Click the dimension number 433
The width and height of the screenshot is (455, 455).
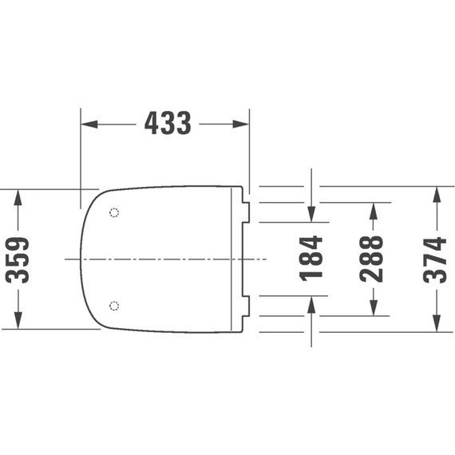[x=167, y=124]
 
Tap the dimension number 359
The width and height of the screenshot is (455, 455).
[x=18, y=259]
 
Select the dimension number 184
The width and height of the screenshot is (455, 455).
[x=311, y=257]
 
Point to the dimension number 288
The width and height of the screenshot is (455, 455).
[x=372, y=258]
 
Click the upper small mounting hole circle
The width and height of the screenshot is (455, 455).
[x=113, y=213]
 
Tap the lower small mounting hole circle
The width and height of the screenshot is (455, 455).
[x=113, y=306]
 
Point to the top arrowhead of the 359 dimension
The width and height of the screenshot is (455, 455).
[x=18, y=197]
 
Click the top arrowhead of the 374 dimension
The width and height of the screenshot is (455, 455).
[x=436, y=194]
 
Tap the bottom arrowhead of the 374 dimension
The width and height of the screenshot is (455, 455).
[x=436, y=324]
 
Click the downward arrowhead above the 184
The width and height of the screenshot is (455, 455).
[x=311, y=214]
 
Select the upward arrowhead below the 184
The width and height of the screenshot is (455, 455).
[x=311, y=303]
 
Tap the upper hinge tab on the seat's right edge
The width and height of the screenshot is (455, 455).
[x=245, y=212]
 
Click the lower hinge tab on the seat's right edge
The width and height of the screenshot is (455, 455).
[x=245, y=306]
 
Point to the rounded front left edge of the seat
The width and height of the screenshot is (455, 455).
[x=83, y=259]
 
